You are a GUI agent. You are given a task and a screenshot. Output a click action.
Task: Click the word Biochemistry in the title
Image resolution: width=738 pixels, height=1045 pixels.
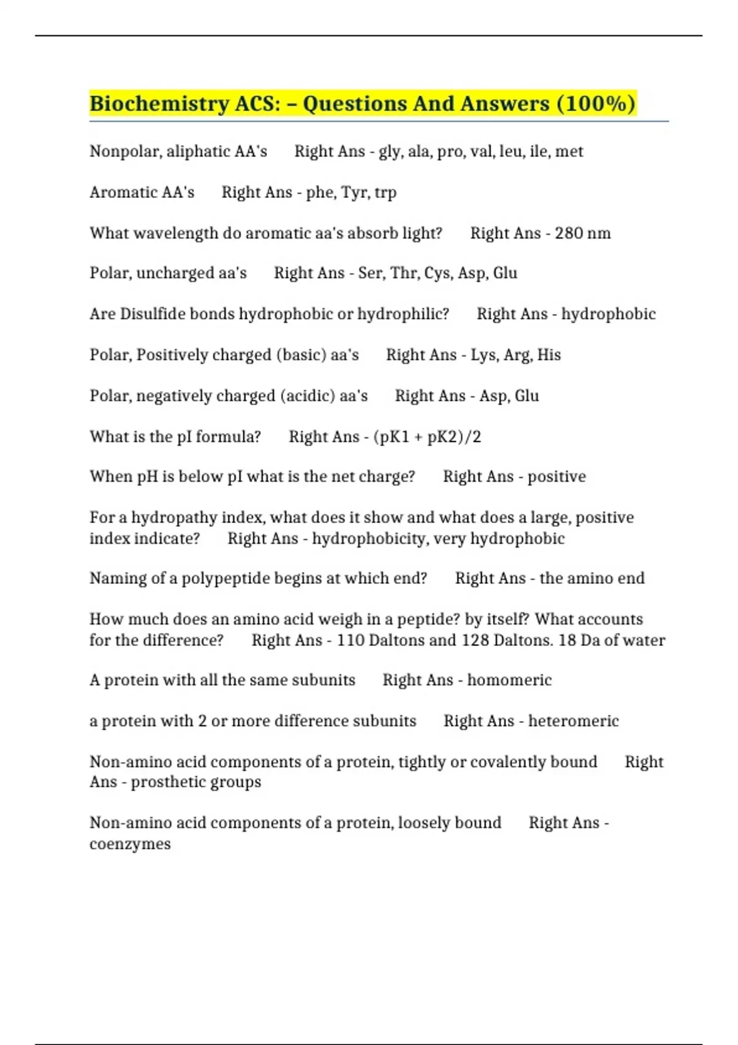pos(159,104)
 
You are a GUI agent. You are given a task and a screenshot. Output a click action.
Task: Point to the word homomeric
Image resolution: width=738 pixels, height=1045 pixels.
pos(509,680)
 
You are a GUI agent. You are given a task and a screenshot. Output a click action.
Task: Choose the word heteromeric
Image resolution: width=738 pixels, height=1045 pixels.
pos(573,721)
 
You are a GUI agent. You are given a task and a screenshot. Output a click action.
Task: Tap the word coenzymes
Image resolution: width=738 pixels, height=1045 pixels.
pos(130,844)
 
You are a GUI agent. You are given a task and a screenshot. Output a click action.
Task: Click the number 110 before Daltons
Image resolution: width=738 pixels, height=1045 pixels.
pos(351,641)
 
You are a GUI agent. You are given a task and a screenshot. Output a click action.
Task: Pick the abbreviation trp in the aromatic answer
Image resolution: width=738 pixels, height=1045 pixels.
pos(385,193)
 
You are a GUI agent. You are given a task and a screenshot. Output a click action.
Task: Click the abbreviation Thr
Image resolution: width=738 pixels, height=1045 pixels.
pos(404,274)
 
